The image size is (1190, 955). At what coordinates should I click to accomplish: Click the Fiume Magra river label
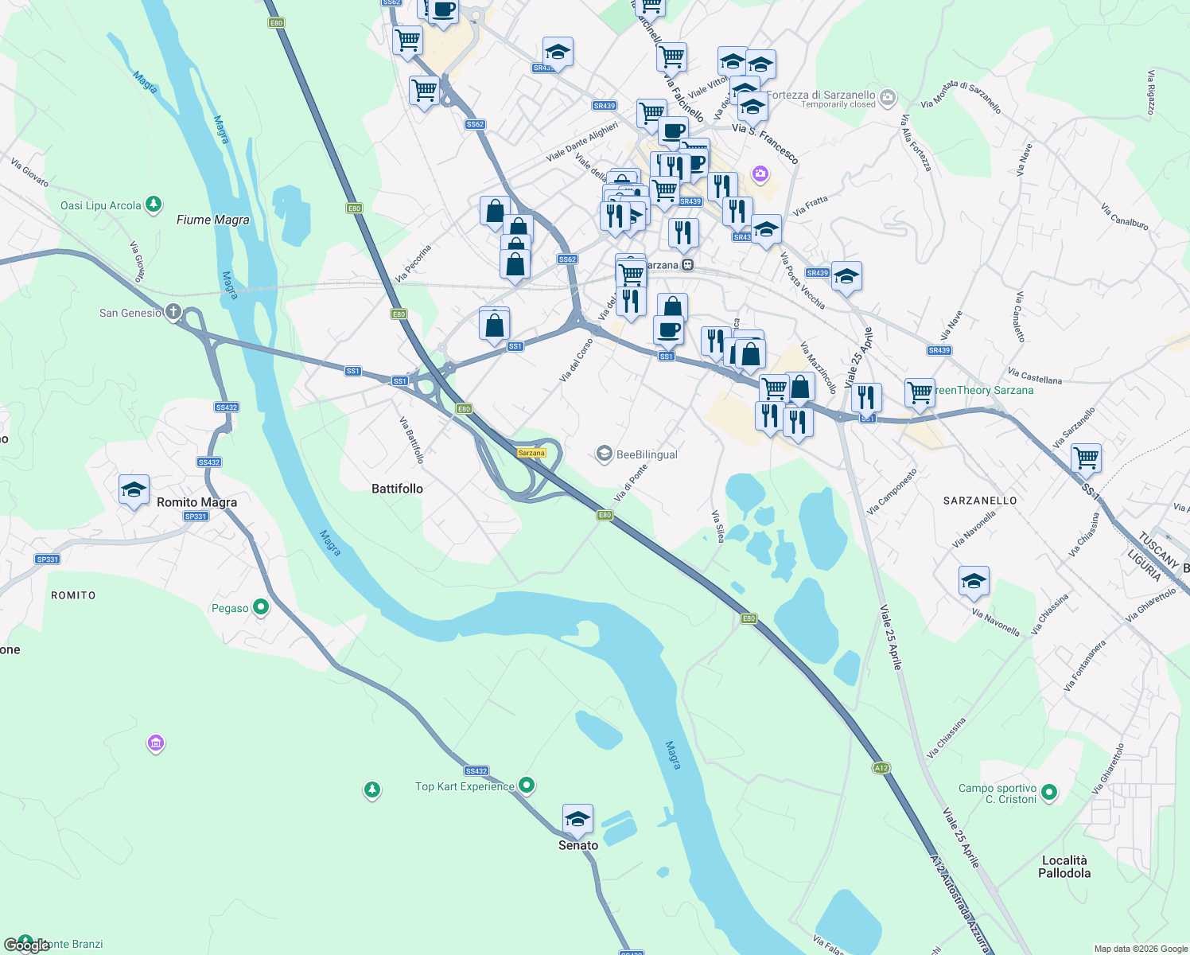(x=212, y=220)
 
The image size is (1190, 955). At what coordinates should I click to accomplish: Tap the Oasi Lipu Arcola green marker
(x=154, y=205)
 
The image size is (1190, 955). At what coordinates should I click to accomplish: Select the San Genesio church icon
(x=173, y=312)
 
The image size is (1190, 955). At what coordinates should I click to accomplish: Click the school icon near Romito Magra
(x=134, y=489)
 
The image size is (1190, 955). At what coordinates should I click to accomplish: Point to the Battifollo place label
(x=397, y=489)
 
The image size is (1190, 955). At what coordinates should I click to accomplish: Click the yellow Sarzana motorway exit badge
(x=531, y=453)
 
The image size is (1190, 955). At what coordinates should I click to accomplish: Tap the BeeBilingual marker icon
(x=605, y=454)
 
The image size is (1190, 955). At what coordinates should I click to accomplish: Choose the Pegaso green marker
(x=260, y=608)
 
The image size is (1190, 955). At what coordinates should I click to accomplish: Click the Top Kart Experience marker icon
(x=526, y=785)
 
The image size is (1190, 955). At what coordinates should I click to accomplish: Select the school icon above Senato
(x=577, y=818)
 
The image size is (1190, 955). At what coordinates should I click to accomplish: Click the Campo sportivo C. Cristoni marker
(x=1049, y=792)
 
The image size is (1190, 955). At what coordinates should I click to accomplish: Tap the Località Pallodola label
(x=1064, y=867)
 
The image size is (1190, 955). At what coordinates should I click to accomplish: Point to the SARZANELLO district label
(x=980, y=501)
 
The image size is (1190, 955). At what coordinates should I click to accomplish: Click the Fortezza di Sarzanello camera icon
(x=888, y=98)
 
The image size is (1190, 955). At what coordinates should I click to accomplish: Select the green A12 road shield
(x=881, y=768)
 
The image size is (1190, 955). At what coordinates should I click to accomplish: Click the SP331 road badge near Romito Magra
(x=196, y=516)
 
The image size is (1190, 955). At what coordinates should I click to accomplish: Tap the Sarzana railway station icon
(x=687, y=265)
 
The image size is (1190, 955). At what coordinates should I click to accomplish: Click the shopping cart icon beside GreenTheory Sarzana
(x=920, y=392)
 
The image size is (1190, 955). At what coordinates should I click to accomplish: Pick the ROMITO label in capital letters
(x=73, y=595)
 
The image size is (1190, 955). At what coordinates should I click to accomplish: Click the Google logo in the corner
(x=26, y=945)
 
